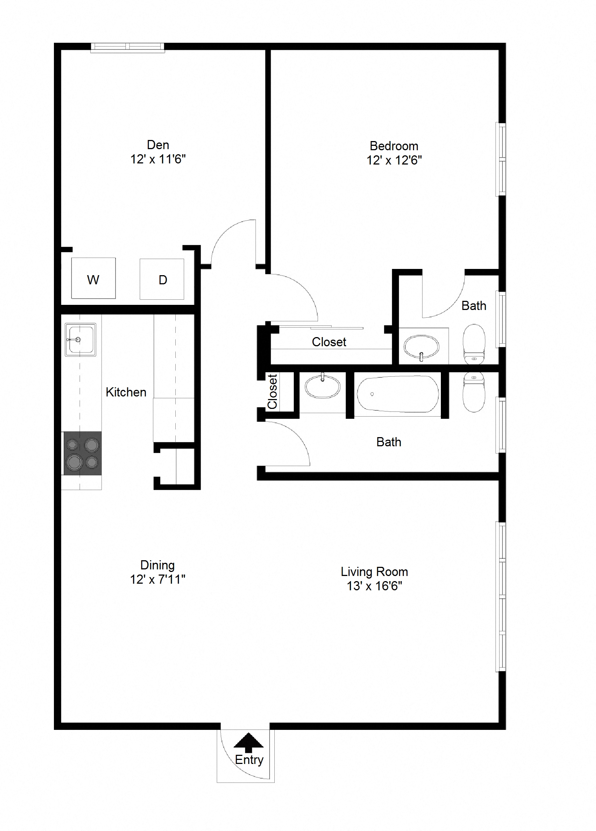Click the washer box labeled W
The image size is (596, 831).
pos(93,278)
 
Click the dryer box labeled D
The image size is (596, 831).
pos(162,279)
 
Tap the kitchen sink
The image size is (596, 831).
pos(80,339)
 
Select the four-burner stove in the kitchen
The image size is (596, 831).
pos(83,453)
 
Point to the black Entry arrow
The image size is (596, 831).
pos(248,740)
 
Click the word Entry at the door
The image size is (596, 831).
pos(249,760)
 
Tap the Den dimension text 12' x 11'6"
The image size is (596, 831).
pos(158,159)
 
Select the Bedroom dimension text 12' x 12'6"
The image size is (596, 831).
pos(394,160)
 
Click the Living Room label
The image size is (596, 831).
pos(374,572)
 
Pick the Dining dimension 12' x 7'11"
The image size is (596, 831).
pos(157,579)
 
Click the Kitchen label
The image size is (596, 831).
pos(126,392)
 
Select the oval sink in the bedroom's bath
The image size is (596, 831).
pos(421,347)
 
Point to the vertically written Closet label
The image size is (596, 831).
pos(273,391)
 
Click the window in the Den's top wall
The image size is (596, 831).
pos(127,47)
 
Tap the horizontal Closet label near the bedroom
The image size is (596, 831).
pos(329,342)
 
